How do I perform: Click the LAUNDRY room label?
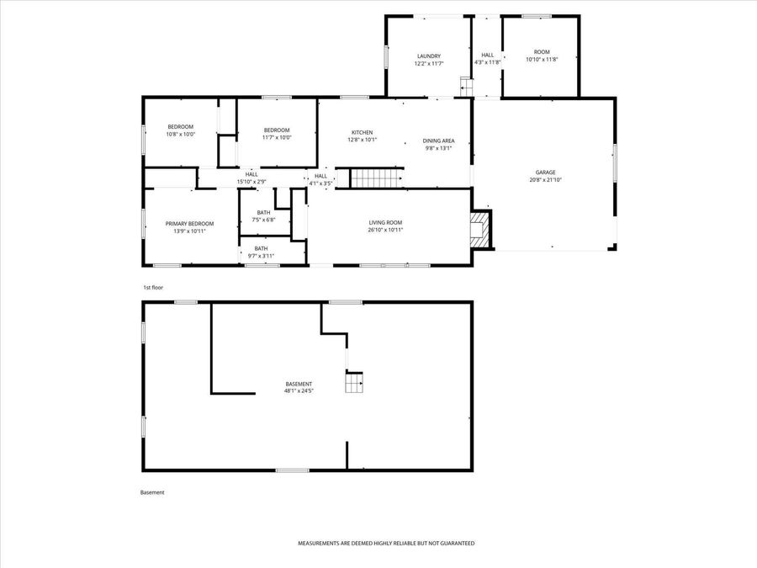(428, 56)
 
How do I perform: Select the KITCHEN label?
(362, 133)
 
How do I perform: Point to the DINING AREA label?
(438, 141)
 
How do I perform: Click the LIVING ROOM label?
(386, 222)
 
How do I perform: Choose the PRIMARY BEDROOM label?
(189, 223)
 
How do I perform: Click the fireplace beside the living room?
(479, 229)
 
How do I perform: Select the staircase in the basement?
(353, 384)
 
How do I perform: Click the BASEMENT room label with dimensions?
(299, 384)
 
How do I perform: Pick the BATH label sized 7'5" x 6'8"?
(264, 212)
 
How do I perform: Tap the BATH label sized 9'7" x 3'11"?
(261, 248)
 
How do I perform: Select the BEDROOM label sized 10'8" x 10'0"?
(180, 126)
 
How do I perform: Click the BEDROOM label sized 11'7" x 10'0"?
(277, 130)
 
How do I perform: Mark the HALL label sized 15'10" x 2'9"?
(251, 174)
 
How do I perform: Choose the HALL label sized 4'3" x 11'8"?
(488, 56)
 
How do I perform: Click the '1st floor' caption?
(153, 288)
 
